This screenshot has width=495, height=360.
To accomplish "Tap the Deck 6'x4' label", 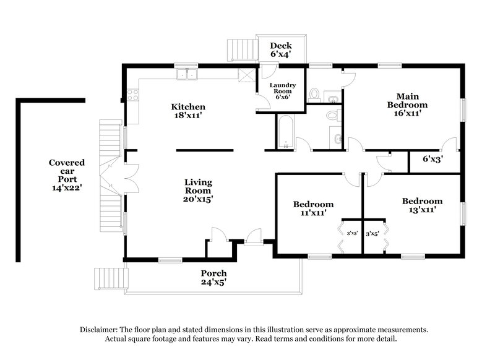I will click(280, 49).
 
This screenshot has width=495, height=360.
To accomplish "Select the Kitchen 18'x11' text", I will click(188, 111).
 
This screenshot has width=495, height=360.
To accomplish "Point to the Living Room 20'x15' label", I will click(198, 191).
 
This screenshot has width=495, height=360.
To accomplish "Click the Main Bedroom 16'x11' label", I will click(407, 105).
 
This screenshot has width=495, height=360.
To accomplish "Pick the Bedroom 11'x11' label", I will click(313, 208).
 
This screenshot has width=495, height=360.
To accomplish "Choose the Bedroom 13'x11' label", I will click(422, 205).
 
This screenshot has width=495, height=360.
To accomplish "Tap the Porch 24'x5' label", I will click(213, 277).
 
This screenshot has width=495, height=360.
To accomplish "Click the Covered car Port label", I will click(67, 174).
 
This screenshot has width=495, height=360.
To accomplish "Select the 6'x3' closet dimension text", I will click(433, 159).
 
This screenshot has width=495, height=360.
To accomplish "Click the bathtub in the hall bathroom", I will click(285, 132).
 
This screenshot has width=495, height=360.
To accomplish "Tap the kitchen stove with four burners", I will click(132, 96).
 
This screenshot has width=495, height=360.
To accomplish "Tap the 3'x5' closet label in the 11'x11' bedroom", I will click(352, 234).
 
